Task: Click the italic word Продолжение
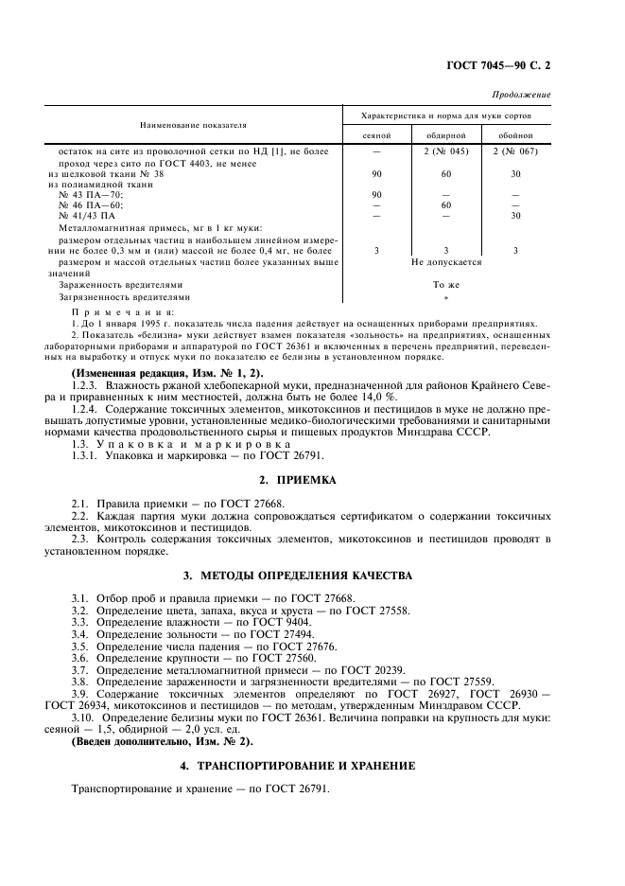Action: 523,96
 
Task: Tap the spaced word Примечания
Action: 123,311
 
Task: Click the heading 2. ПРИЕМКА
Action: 312,480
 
